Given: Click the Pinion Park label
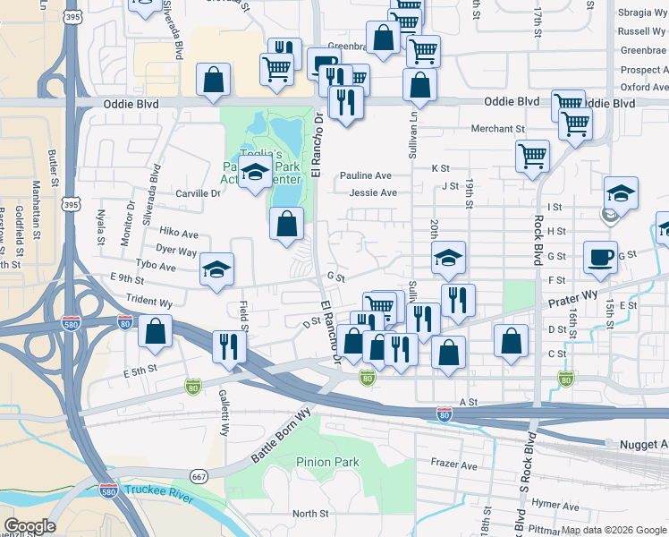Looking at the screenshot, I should pos(327,462).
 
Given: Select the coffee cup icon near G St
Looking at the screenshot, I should pos(600,258).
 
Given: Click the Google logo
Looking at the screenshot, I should pos(30,526).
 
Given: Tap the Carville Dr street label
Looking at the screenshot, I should pos(198,193).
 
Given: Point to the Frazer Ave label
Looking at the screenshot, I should pos(454,465).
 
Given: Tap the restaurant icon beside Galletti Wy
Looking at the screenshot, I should pos(229,345).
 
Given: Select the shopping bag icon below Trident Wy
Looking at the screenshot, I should pos(156,330).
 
